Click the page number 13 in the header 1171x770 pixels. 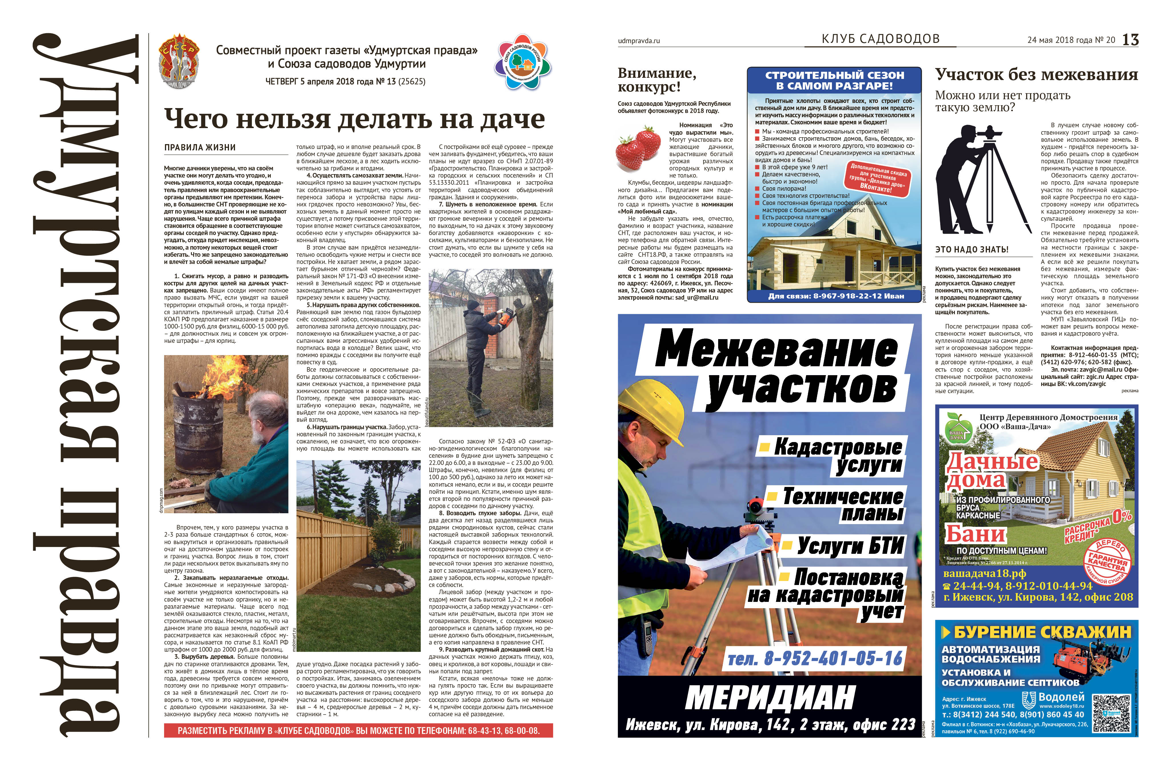pyautogui.click(x=1130, y=39)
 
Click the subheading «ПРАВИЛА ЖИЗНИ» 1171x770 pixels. pyautogui.click(x=200, y=147)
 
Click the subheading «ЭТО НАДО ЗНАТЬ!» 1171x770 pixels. pyautogui.click(x=972, y=249)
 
